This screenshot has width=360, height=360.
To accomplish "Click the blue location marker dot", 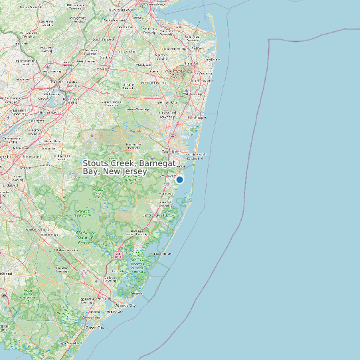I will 179,179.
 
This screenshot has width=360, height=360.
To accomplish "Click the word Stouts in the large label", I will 97,163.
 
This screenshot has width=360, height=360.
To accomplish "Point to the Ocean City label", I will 95,327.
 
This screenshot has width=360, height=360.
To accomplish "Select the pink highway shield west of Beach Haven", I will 118,254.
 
